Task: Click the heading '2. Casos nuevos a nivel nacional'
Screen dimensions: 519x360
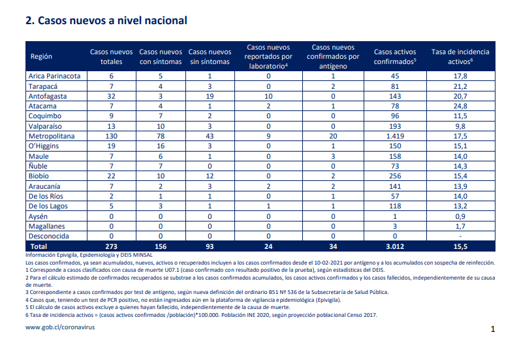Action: [106, 20]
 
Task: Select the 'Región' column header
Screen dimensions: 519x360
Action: [41, 56]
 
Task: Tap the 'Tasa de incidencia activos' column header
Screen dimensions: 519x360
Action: [460, 56]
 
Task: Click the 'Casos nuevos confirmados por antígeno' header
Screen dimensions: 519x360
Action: [333, 56]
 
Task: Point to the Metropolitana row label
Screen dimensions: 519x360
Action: [52, 136]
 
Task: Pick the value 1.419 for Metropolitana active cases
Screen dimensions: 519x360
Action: [395, 136]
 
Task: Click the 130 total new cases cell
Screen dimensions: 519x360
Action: [111, 136]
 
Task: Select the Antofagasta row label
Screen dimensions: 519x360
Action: [48, 97]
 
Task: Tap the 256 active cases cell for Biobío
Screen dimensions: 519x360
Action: [395, 176]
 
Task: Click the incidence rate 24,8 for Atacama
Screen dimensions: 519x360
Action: [460, 106]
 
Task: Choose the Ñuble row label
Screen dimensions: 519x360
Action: [38, 166]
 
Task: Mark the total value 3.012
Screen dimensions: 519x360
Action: [395, 246]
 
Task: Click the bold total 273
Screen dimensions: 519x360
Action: [111, 246]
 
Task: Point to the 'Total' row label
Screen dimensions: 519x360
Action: [39, 246]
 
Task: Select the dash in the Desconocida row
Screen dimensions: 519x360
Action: [460, 237]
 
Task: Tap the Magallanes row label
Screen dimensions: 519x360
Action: [46, 226]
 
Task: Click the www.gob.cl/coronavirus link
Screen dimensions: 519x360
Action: [60, 327]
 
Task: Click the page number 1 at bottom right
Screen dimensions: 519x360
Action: [493, 329]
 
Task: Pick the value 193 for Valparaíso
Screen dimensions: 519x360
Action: [395, 126]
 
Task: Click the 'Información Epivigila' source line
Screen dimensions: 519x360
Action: [89, 255]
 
